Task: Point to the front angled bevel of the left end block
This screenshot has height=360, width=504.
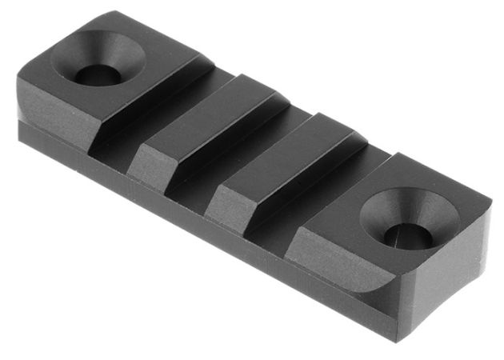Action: pos(56,112)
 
